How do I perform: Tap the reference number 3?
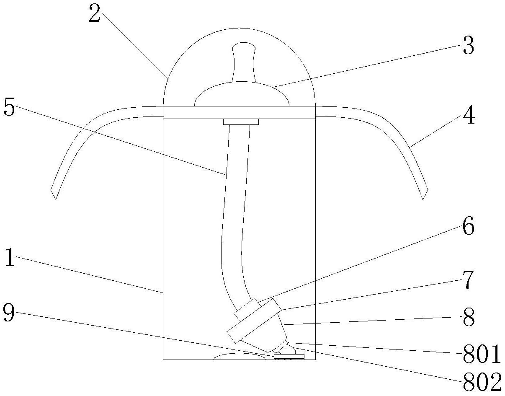click(468, 46)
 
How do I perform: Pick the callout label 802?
click(482, 382)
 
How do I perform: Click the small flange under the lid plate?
click(241, 122)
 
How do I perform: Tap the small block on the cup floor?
click(289, 357)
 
